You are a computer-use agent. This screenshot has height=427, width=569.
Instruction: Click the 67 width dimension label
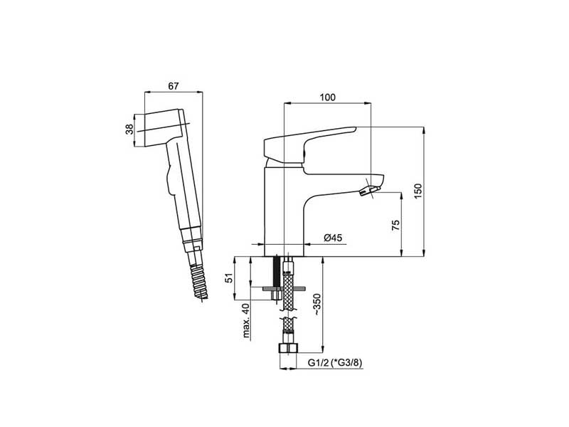pyautogui.click(x=174, y=86)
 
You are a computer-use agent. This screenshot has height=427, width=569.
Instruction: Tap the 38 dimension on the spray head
pyautogui.click(x=129, y=130)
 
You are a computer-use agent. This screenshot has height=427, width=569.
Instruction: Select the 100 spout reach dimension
pyautogui.click(x=328, y=97)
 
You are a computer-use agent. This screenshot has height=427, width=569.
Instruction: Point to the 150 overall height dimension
pyautogui.click(x=418, y=191)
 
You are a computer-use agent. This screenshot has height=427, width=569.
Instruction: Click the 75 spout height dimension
pyautogui.click(x=395, y=225)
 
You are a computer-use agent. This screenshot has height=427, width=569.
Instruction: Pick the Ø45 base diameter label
pyautogui.click(x=333, y=238)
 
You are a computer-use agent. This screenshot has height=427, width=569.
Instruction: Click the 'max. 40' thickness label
pyautogui.click(x=247, y=321)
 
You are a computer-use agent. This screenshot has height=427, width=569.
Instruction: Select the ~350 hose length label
pyautogui.click(x=317, y=305)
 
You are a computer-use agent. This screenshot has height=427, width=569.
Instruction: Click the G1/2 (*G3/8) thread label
pyautogui.click(x=335, y=363)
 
